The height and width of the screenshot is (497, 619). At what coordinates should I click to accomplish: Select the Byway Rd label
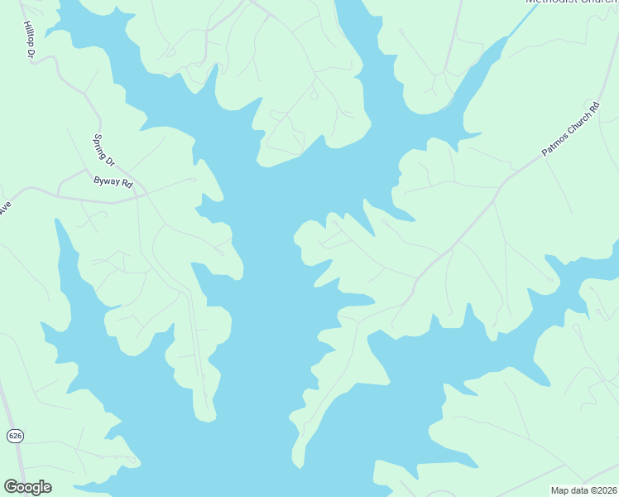[113, 181]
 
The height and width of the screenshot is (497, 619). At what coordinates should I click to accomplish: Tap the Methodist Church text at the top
[570, 2]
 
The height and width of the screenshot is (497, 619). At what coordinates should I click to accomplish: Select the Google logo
[27, 487]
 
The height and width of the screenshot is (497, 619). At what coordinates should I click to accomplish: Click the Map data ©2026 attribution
[583, 490]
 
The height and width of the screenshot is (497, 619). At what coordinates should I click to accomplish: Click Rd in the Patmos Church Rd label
[593, 109]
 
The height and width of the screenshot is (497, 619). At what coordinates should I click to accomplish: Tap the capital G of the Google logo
[11, 487]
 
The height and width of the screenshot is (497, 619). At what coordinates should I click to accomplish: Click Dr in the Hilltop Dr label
[31, 53]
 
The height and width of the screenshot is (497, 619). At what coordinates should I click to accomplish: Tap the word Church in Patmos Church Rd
[575, 125]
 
